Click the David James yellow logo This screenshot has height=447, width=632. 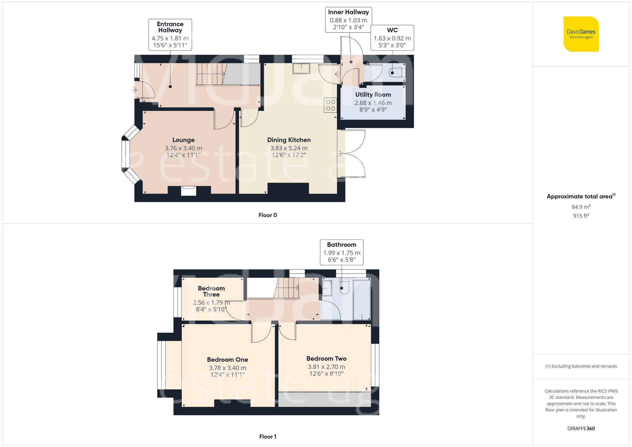click(581, 34)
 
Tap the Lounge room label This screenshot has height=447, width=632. click(183, 140)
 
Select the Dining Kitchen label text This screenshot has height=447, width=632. click(289, 140)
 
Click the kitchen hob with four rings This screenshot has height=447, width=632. click(330, 105)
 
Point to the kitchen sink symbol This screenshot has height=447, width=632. click(301, 69)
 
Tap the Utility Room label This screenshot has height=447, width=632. click(373, 94)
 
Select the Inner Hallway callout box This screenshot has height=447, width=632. click(348, 20)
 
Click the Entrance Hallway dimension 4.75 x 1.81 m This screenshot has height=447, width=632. click(170, 39)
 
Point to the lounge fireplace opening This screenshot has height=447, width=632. click(189, 191)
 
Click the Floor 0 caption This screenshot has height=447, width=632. click(268, 215)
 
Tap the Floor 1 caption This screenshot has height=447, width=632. click(268, 437)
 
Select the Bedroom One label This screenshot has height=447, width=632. click(227, 359)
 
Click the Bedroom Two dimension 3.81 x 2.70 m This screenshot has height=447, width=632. click(326, 367)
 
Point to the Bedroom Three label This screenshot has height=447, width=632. click(211, 291)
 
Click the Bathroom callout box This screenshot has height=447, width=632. click(342, 252)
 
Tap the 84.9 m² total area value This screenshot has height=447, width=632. click(581, 207)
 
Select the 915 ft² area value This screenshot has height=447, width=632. click(581, 216)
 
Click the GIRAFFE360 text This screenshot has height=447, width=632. click(581, 428)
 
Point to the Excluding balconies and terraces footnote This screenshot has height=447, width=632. click(581, 366)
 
